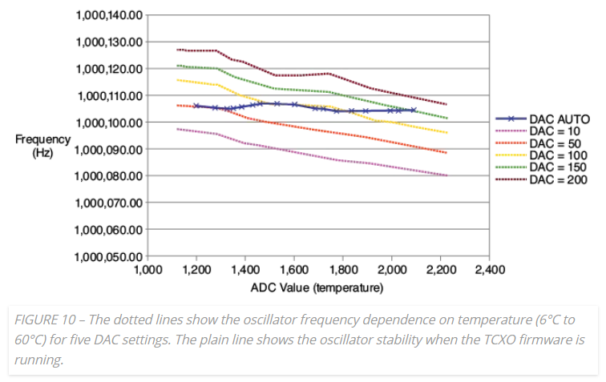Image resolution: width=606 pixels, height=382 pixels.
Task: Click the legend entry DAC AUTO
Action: (x=558, y=119)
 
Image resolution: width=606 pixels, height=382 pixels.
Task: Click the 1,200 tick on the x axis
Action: (x=196, y=270)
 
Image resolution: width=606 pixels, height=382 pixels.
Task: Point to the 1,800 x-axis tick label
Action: (x=342, y=270)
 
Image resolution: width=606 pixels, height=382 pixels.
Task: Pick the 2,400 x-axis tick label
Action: (x=489, y=270)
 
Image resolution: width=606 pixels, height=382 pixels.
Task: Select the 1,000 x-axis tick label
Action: (x=147, y=270)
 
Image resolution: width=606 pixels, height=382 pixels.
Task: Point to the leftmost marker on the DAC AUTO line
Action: (x=196, y=106)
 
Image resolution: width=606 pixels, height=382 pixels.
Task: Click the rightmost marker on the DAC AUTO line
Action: (x=414, y=110)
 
